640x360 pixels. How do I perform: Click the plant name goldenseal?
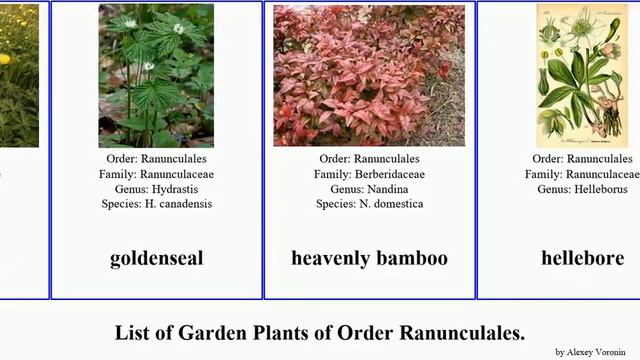[x=156, y=258]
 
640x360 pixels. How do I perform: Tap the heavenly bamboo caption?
[x=369, y=258]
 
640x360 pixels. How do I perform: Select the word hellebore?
[x=582, y=258]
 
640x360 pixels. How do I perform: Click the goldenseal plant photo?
[x=156, y=76]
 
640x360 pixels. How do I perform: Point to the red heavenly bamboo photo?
[x=369, y=76]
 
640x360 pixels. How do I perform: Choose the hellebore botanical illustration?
[x=582, y=76]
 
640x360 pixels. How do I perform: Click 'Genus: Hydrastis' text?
[x=156, y=189]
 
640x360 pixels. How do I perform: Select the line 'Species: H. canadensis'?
[x=156, y=204]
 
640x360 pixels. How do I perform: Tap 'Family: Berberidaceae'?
[x=369, y=174]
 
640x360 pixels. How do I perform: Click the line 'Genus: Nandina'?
[x=369, y=189]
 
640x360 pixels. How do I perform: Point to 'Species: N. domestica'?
[x=369, y=204]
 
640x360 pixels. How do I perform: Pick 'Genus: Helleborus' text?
[x=582, y=189]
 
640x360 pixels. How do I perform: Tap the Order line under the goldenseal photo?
[x=156, y=159]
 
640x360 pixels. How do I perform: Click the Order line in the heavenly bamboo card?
[x=369, y=159]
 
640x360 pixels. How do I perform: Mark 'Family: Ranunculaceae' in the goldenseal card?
[x=156, y=174]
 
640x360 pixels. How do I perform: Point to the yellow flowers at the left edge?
[x=5, y=58]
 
